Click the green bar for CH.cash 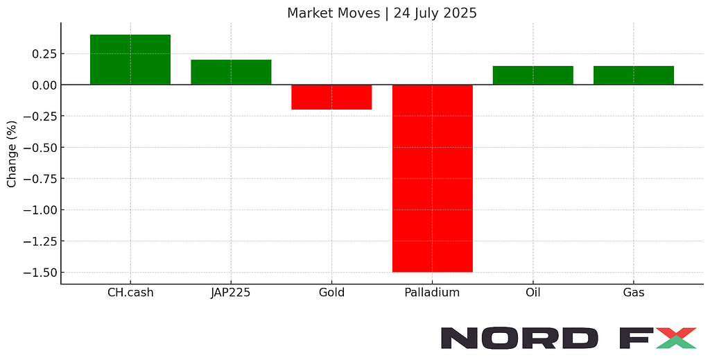pos(130,60)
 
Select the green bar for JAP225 pos(231,72)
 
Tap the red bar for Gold pos(331,97)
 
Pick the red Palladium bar pos(433,178)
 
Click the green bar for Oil pos(533,75)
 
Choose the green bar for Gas pos(634,75)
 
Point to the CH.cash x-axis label pos(130,293)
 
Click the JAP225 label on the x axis pos(230,293)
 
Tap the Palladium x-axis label pos(432,293)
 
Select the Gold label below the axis pos(331,293)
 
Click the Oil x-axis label pos(533,293)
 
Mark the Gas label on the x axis pos(634,293)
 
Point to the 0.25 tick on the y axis pos(44,54)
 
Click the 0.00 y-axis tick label pos(44,85)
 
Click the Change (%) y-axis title pos(11,154)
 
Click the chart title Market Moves pos(334,13)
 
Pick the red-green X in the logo pos(675,338)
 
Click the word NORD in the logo pos(519,338)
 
